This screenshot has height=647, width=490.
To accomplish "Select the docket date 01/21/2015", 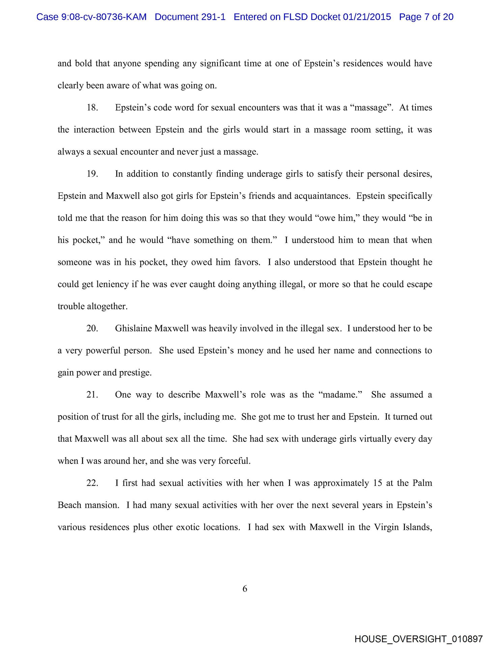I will (367, 17).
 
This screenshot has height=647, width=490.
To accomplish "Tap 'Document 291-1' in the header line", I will (190, 17).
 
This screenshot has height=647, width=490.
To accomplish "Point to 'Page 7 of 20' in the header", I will (426, 17).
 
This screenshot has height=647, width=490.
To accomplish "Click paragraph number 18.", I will (92, 108).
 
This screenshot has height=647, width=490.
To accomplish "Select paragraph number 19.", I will (92, 174).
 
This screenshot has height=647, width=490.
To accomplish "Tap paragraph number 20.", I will (92, 329).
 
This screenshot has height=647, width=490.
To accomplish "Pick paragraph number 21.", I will (92, 395).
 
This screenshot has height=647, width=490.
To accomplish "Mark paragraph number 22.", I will (92, 483).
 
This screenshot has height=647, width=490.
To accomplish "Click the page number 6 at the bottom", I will (245, 589).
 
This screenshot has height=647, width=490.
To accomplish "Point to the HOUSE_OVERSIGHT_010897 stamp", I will (419, 639).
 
